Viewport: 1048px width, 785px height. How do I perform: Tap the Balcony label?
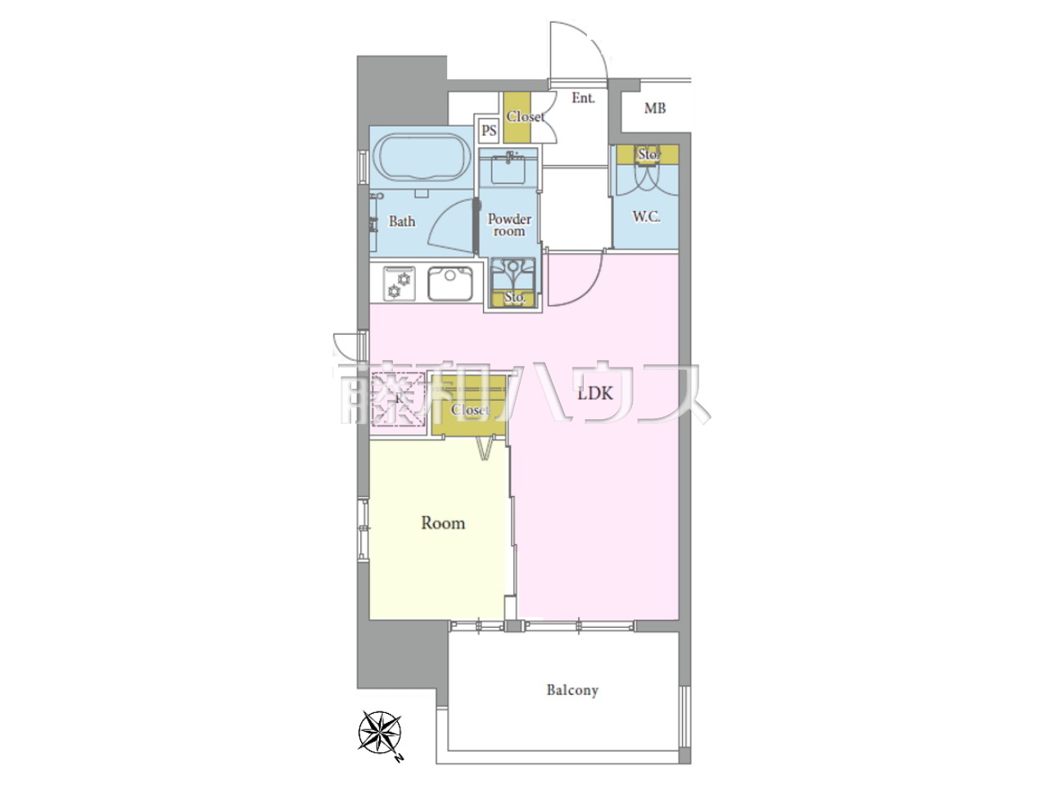tap(572, 690)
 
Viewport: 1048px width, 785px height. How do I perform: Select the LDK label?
tap(594, 393)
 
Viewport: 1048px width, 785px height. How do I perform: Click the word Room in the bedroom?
tap(443, 523)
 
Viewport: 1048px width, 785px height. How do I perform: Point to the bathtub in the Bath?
tap(421, 158)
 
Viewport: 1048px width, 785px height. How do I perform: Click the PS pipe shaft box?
tap(489, 130)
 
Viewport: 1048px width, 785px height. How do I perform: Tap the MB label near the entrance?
tap(654, 108)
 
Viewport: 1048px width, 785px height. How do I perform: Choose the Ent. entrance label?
tap(583, 98)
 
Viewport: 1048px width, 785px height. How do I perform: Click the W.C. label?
tap(647, 217)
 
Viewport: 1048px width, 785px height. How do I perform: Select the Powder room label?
tap(509, 225)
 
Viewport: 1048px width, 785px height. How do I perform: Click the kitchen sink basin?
tap(450, 283)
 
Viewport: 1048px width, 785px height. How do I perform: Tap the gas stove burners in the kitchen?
tap(399, 283)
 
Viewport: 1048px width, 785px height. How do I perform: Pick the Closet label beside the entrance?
tap(525, 116)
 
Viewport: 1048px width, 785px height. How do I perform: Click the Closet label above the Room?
tap(470, 409)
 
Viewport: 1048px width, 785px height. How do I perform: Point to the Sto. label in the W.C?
tap(648, 154)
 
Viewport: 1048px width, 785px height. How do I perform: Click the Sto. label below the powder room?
tap(515, 297)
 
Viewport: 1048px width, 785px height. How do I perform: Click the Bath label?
tap(401, 221)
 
